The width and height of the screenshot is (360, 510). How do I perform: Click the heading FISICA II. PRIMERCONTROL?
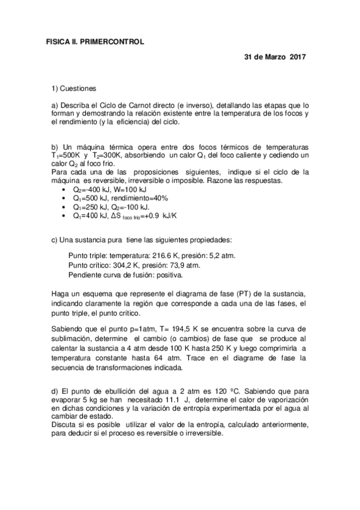[96, 41]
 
